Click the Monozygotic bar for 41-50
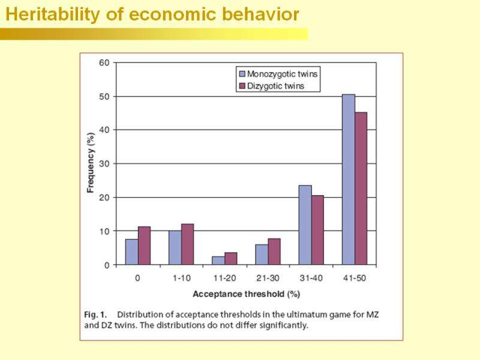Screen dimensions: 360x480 pyautogui.click(x=348, y=180)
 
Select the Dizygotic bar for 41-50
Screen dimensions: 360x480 pyautogui.click(x=361, y=188)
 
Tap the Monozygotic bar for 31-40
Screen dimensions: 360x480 pyautogui.click(x=305, y=225)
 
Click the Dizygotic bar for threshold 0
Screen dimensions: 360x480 pyautogui.click(x=145, y=245)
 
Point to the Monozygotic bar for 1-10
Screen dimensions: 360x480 pyautogui.click(x=175, y=248)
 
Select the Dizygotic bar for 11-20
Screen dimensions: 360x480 pyautogui.click(x=231, y=259)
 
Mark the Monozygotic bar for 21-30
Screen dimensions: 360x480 pyautogui.click(x=262, y=254)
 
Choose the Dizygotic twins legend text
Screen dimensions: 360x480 pyautogui.click(x=276, y=86)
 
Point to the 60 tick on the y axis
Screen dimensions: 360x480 pyautogui.click(x=104, y=62)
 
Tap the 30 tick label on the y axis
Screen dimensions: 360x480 pyautogui.click(x=104, y=164)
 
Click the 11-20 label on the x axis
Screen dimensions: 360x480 pyautogui.click(x=224, y=278)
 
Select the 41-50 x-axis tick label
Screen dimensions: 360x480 pyautogui.click(x=354, y=278)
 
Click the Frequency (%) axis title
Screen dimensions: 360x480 pyautogui.click(x=91, y=163)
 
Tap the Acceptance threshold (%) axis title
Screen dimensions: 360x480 pyautogui.click(x=246, y=294)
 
